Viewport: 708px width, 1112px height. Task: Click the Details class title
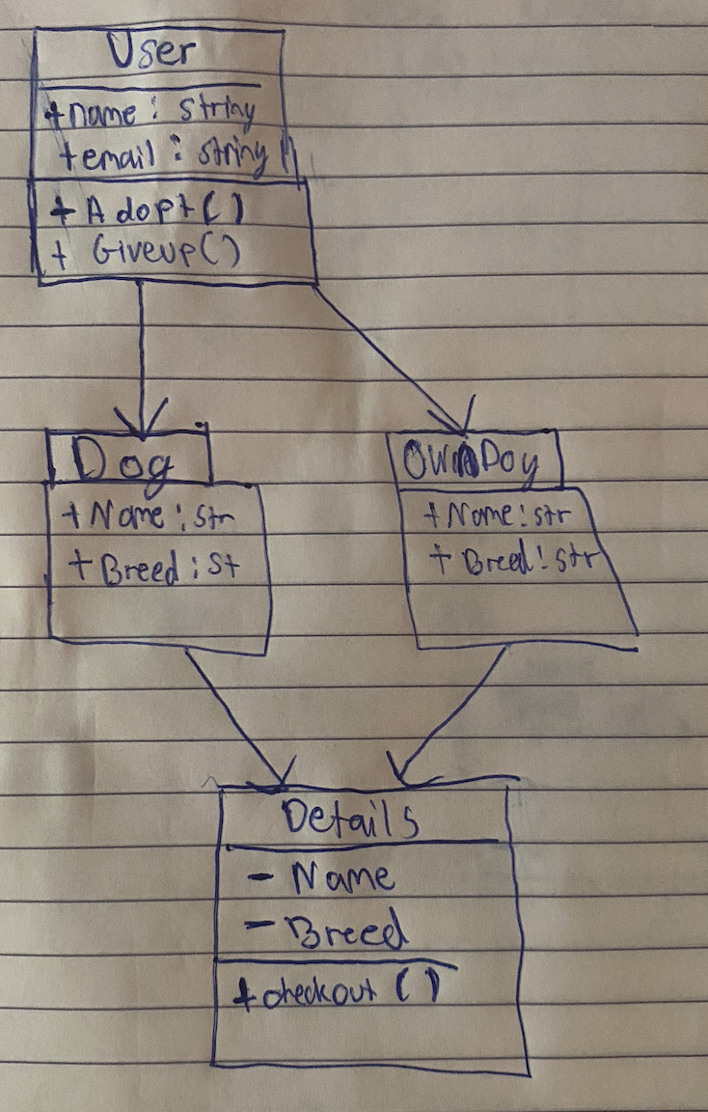tap(351, 820)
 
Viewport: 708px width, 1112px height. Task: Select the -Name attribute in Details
tap(322, 878)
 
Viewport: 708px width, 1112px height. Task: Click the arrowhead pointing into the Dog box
tap(142, 423)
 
